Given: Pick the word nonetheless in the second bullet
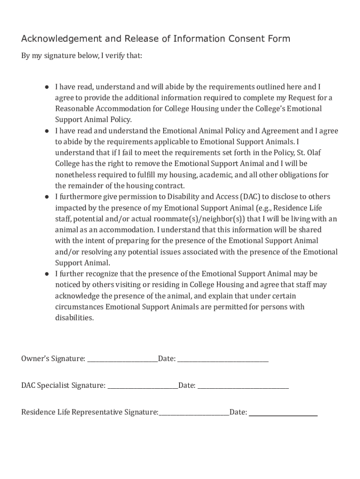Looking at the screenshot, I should click(x=76, y=174).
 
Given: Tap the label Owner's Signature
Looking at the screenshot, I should click(x=53, y=359).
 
